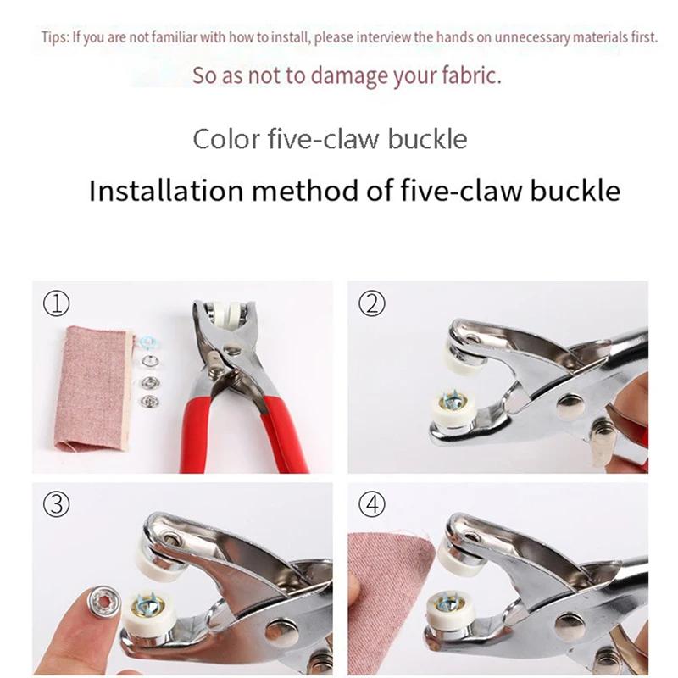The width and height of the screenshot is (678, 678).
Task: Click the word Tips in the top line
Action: coord(53,38)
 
